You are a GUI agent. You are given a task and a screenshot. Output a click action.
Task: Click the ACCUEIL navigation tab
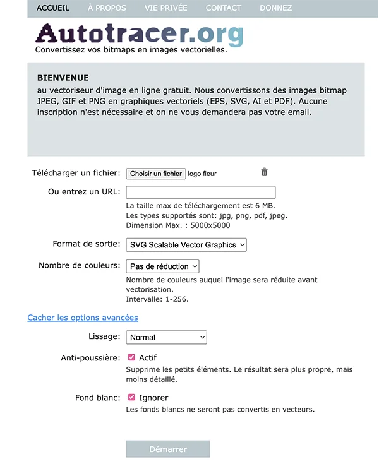(x=53, y=8)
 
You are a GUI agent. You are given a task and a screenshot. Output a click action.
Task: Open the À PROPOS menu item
(x=107, y=8)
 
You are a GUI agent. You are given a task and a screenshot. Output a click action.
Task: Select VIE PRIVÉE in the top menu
(x=165, y=8)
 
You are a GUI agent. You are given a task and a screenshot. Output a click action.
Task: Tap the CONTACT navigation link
(x=224, y=8)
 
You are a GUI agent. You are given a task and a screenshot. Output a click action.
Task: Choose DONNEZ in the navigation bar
(x=276, y=8)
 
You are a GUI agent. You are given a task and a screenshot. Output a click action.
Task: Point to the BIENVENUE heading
(x=63, y=78)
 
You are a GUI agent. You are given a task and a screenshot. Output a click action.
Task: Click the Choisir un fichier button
(x=156, y=174)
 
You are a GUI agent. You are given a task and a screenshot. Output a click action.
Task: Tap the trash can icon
(x=264, y=172)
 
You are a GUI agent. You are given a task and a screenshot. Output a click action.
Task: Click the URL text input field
(x=201, y=193)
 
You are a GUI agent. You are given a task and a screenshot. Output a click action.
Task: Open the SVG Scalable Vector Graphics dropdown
(x=186, y=245)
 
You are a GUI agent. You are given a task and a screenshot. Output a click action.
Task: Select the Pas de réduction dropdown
(x=163, y=266)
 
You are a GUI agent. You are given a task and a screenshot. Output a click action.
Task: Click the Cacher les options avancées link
(x=83, y=318)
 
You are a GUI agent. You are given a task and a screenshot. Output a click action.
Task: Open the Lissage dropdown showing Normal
(x=167, y=338)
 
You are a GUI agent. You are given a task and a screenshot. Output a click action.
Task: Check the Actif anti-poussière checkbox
(x=131, y=357)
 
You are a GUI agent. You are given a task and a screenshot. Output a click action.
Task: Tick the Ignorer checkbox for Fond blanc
(x=131, y=398)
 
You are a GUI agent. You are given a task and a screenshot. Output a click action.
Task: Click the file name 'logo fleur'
(x=202, y=174)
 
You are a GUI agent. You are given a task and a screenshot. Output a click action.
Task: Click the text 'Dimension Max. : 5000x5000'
(x=178, y=225)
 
